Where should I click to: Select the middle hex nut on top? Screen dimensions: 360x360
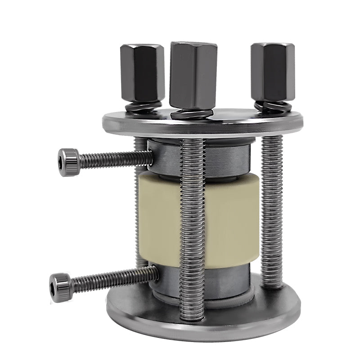coord(193,75)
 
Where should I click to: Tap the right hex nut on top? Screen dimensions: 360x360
coord(273,72)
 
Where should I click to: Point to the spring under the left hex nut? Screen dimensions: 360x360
coord(143,108)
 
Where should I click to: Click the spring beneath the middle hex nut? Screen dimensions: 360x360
coord(192,113)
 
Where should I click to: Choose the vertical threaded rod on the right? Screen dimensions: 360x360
coord(272,211)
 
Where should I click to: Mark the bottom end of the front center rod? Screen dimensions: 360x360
coord(193,315)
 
